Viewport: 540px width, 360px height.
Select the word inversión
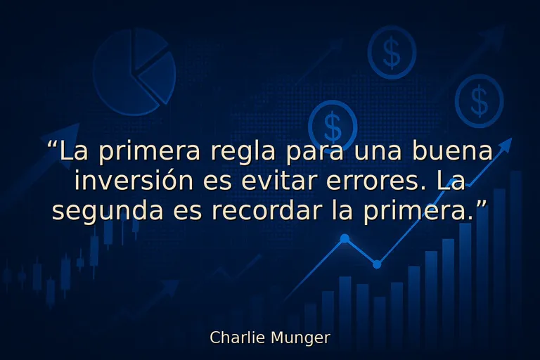[134, 181]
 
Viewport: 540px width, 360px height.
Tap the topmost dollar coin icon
[392, 52]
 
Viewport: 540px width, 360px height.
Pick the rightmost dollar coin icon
[479, 101]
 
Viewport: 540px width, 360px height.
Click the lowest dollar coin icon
[333, 126]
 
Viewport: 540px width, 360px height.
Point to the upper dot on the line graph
[345, 238]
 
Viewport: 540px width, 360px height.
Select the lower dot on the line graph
[377, 264]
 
